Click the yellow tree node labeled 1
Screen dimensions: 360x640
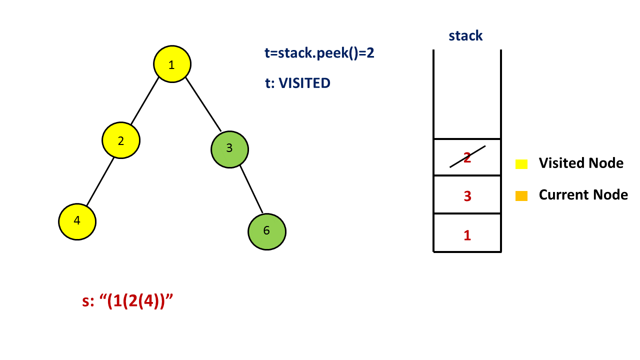pyautogui.click(x=172, y=64)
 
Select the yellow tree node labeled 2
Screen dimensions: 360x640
pyautogui.click(x=121, y=140)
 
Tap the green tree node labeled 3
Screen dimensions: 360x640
pyautogui.click(x=229, y=148)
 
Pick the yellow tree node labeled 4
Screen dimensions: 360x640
pyautogui.click(x=77, y=221)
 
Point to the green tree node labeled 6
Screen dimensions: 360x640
pyautogui.click(x=266, y=231)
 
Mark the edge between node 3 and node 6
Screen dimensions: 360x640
pyautogui.click(x=251, y=189)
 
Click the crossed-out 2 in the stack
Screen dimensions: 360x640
pyautogui.click(x=467, y=157)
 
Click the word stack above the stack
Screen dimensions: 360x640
pyautogui.click(x=465, y=35)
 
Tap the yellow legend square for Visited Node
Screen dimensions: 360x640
pyautogui.click(x=521, y=163)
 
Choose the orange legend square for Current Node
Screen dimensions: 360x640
pyautogui.click(x=521, y=196)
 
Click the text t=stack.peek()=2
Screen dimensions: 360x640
pyautogui.click(x=319, y=53)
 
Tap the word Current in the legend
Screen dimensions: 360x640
pyautogui.click(x=561, y=194)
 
